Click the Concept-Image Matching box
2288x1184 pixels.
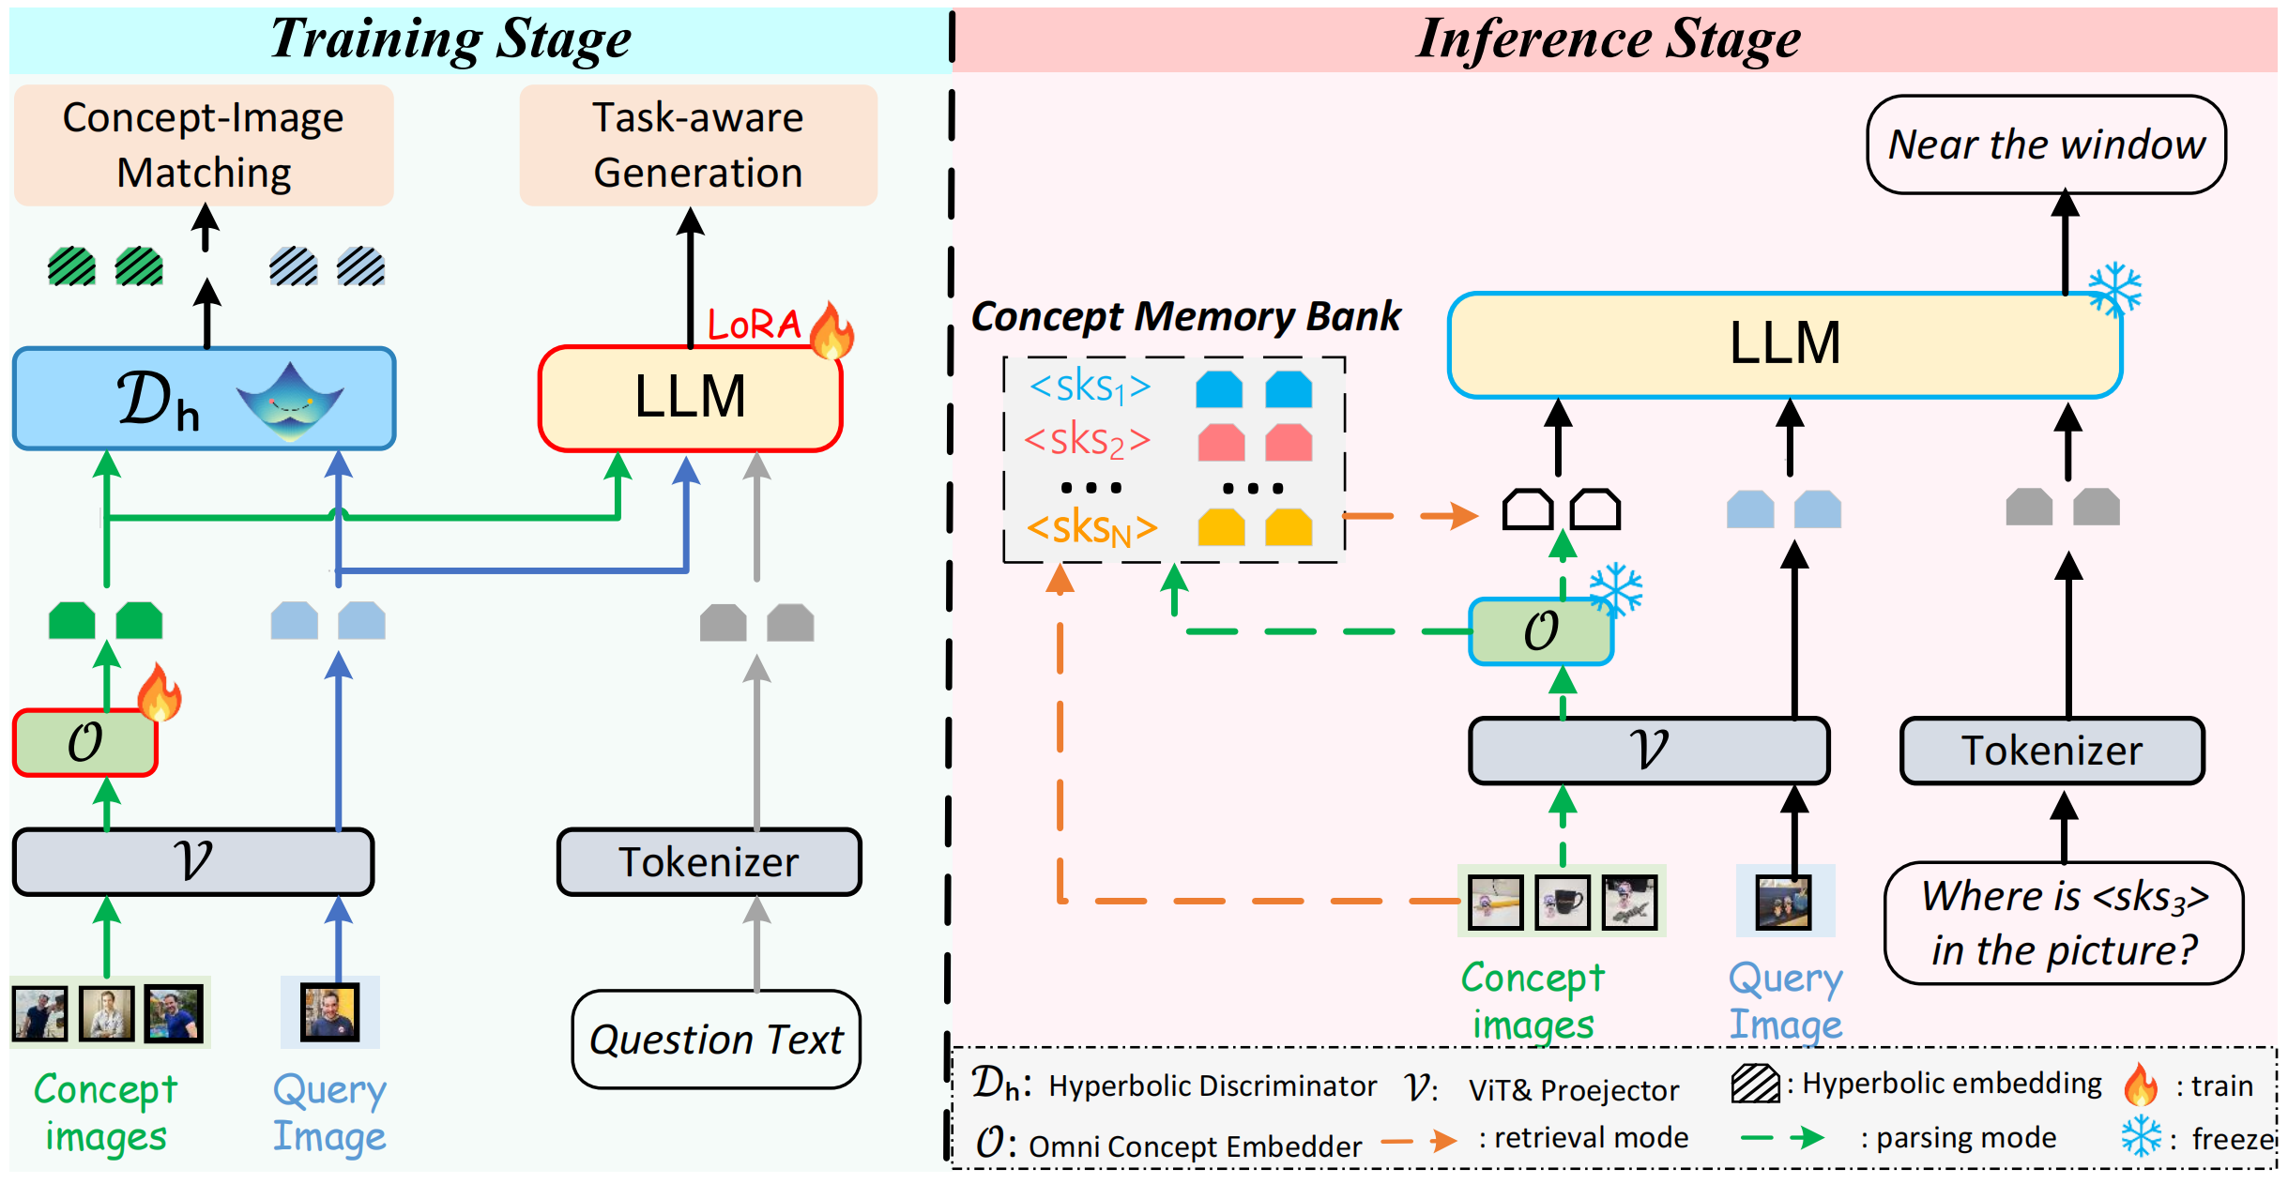coord(204,145)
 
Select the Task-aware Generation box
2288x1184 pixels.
coord(698,145)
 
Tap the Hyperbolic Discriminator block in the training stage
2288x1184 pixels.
coord(204,399)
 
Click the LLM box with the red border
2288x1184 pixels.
coord(690,398)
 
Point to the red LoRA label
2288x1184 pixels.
coord(754,325)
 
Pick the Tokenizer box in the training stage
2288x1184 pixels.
coord(709,861)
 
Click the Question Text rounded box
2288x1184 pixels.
coord(716,1040)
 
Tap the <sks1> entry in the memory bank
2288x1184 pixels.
coord(1090,387)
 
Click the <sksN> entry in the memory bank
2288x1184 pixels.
coord(1091,528)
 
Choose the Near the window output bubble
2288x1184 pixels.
coord(2046,144)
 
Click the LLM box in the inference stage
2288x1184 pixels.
coord(1784,344)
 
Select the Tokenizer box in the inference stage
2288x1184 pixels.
coord(2052,751)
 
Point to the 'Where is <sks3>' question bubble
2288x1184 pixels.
coord(2064,923)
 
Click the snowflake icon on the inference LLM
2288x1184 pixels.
coord(2115,290)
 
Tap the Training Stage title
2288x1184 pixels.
coord(450,39)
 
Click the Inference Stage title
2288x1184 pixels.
coord(1609,39)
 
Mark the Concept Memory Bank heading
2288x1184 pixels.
coord(1185,316)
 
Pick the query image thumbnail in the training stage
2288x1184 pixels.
coord(329,1011)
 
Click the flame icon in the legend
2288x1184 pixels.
coord(2141,1085)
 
